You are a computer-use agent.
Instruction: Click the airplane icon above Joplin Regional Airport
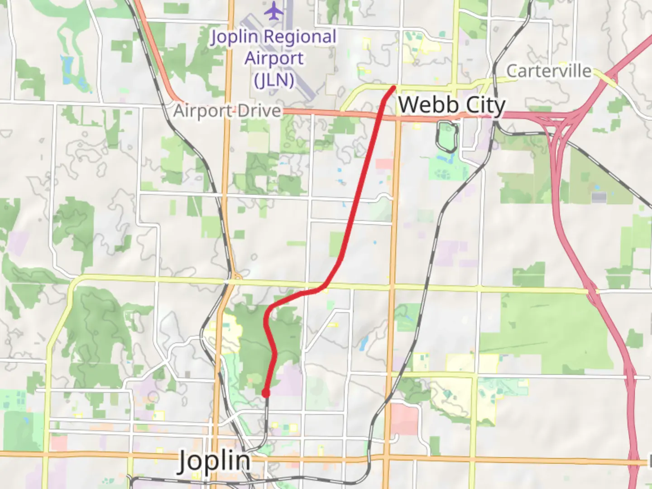click(x=273, y=11)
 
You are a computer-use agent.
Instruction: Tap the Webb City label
click(x=451, y=105)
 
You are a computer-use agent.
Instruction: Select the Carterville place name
click(x=549, y=71)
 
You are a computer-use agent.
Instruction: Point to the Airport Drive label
click(x=227, y=111)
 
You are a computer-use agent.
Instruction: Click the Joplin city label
click(x=214, y=461)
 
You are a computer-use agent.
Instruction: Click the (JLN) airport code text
click(x=274, y=80)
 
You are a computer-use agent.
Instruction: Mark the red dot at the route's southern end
click(x=266, y=393)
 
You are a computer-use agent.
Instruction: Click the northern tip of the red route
click(x=394, y=87)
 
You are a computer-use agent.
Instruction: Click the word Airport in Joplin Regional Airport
click(x=274, y=58)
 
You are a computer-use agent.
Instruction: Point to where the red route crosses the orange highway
click(x=380, y=115)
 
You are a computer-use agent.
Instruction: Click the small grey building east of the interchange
click(x=599, y=197)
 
